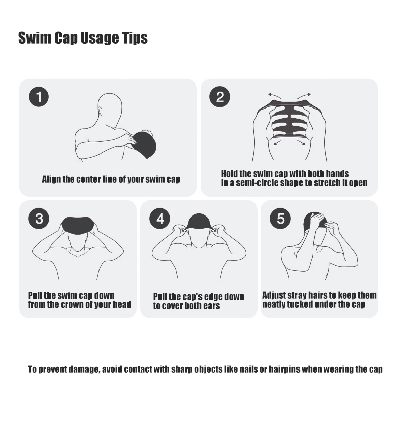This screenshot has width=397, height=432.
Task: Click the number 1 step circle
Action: tap(39, 97)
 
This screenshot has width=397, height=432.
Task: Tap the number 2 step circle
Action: tap(220, 97)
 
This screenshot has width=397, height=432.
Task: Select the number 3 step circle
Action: tap(39, 219)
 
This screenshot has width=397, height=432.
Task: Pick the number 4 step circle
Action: tap(160, 219)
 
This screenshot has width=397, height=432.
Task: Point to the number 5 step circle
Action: tap(280, 219)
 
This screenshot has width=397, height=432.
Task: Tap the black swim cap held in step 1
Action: tap(143, 144)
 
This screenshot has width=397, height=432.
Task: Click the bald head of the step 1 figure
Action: tap(110, 107)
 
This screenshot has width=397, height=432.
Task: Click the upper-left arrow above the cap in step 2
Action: tap(274, 96)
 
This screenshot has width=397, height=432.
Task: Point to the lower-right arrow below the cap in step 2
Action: tap(302, 142)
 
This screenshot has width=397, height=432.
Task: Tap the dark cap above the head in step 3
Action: tap(78, 225)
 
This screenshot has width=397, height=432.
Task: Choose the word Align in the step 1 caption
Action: tap(52, 179)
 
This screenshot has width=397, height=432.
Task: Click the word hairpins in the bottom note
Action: tap(284, 369)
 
